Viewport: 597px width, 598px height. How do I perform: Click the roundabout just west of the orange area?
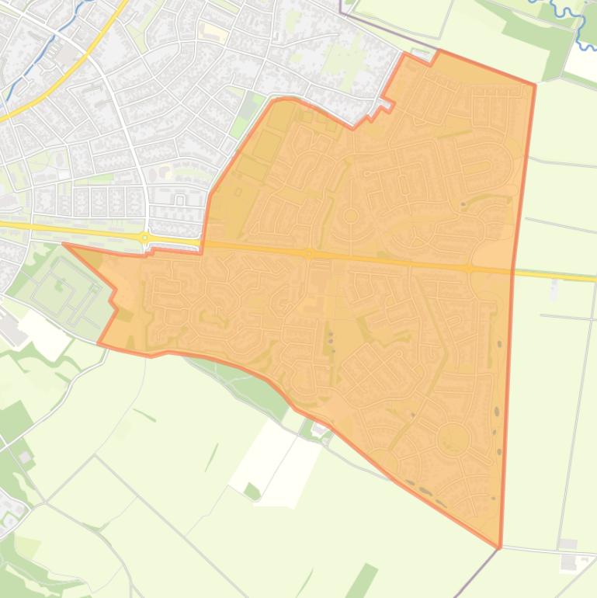click(144, 238)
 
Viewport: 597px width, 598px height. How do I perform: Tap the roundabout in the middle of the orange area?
click(309, 253)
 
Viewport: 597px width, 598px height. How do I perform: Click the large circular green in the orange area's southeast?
click(453, 440)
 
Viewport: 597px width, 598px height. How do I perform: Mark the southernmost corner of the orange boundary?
click(500, 548)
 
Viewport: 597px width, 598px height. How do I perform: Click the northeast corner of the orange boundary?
click(535, 85)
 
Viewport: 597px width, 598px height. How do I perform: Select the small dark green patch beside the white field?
click(252, 491)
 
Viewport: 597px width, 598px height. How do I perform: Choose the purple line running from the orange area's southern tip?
click(475, 575)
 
